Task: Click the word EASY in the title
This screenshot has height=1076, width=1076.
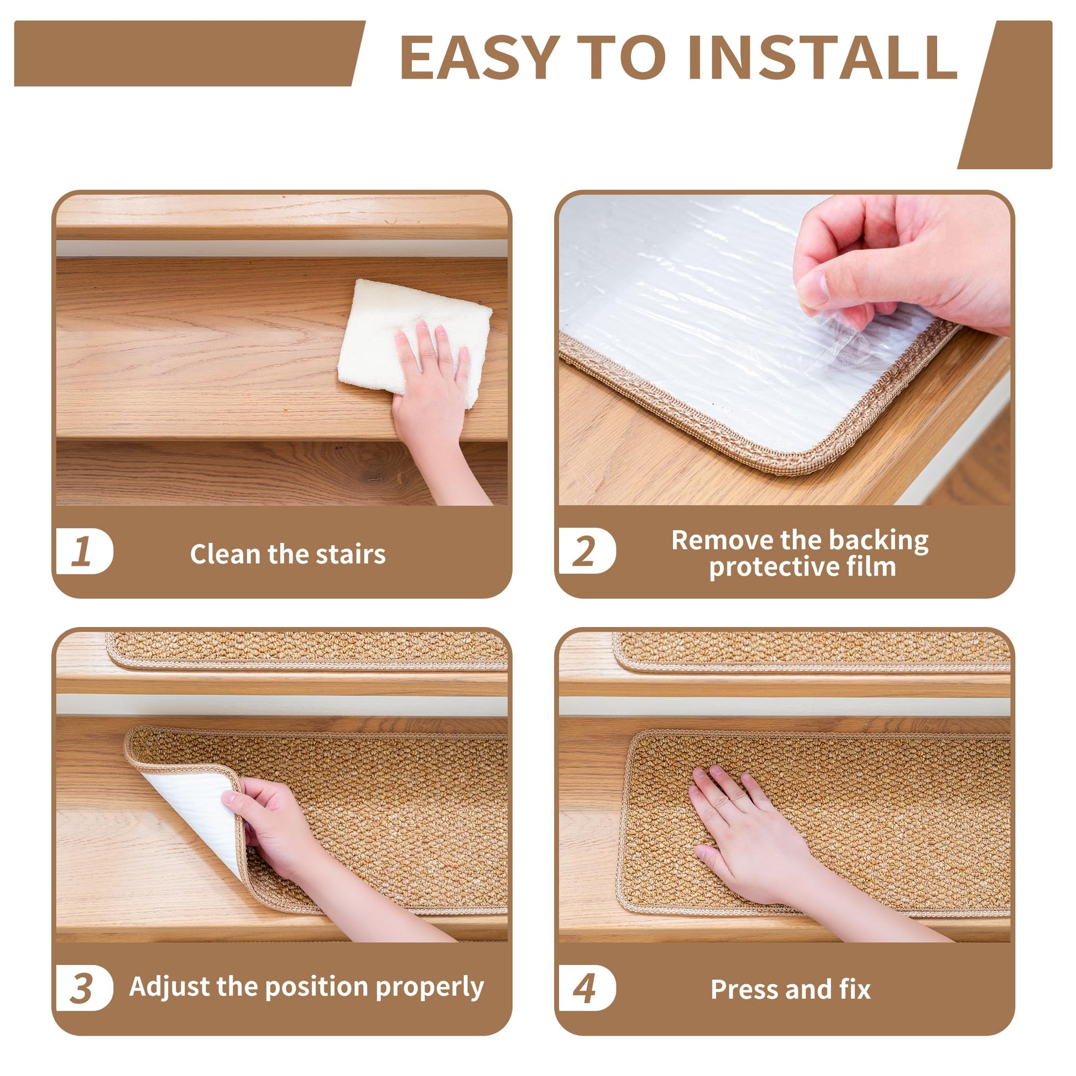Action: point(480,58)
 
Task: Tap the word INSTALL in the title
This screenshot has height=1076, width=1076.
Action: point(823,58)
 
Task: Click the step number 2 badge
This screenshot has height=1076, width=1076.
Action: point(587,551)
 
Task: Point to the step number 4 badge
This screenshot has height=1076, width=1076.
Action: point(587,988)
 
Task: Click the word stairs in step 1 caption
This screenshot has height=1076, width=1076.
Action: point(351,554)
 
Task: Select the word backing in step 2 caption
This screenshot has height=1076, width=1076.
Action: point(879,541)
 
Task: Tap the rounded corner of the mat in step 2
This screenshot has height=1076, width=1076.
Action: point(808,462)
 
